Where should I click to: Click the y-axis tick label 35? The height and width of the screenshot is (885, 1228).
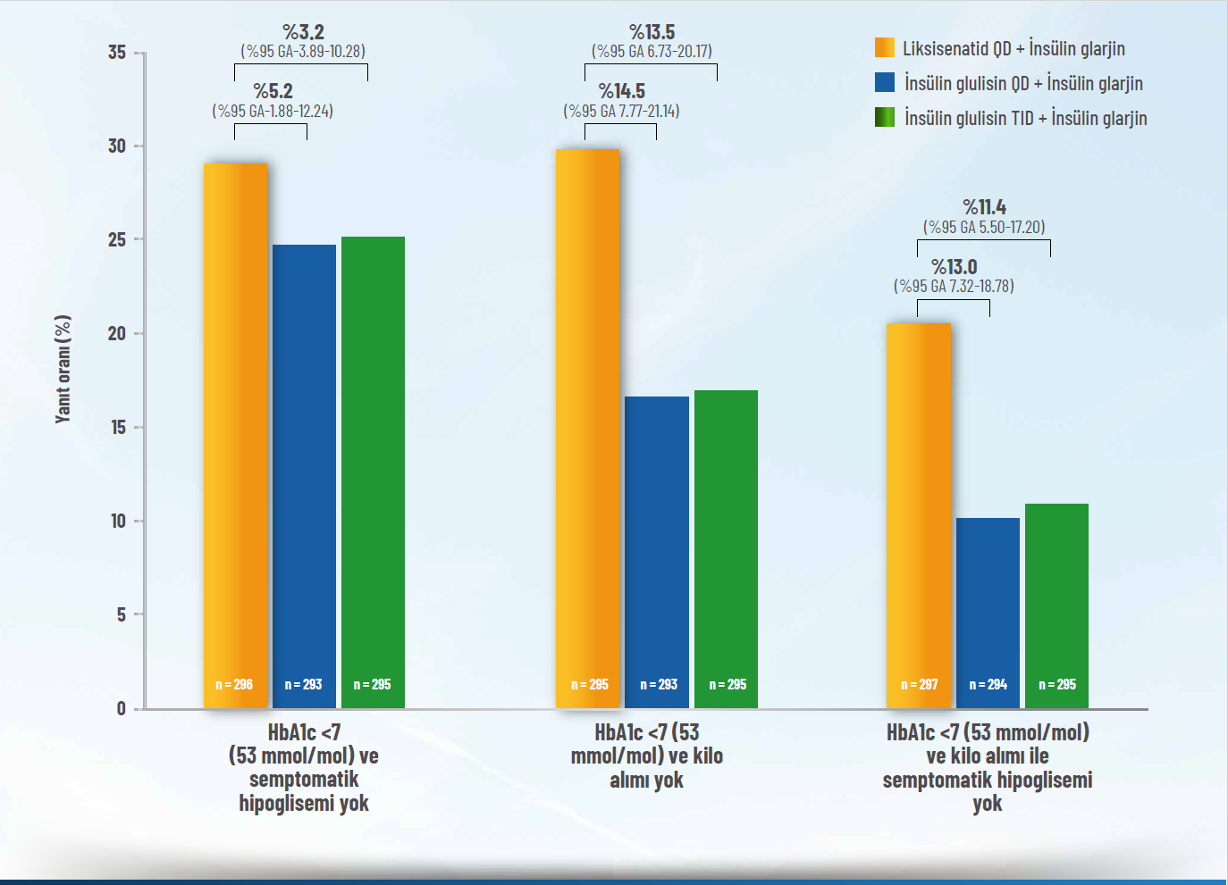(x=117, y=53)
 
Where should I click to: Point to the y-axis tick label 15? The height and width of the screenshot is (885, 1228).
(x=117, y=428)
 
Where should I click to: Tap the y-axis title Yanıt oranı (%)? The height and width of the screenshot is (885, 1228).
(x=63, y=369)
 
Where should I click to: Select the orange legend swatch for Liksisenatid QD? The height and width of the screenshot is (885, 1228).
(x=885, y=48)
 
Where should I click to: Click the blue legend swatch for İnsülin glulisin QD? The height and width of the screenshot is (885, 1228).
(x=885, y=83)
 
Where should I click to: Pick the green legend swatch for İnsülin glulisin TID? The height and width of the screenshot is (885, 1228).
(x=885, y=118)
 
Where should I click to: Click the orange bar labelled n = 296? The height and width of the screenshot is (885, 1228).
(x=235, y=429)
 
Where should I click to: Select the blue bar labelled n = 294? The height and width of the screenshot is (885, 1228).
(x=988, y=607)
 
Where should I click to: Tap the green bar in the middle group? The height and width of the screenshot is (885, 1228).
(x=726, y=545)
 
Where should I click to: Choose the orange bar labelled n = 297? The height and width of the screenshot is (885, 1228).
(x=919, y=509)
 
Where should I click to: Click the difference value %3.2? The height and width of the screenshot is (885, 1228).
(x=303, y=33)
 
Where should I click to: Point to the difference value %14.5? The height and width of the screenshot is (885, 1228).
(x=621, y=91)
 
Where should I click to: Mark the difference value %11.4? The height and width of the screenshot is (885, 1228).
(x=984, y=207)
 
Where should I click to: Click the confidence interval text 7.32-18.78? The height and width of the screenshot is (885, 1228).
(x=954, y=287)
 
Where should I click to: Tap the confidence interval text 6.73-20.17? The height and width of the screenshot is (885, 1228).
(x=652, y=52)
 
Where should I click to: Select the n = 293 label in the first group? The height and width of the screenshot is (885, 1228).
(x=304, y=685)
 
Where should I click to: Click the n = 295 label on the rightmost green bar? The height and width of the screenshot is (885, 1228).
(x=1057, y=685)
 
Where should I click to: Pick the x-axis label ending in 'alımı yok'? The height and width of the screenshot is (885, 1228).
(x=646, y=756)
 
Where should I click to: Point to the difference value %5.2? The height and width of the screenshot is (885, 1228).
(x=273, y=91)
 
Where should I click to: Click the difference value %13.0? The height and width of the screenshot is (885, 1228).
(x=954, y=267)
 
